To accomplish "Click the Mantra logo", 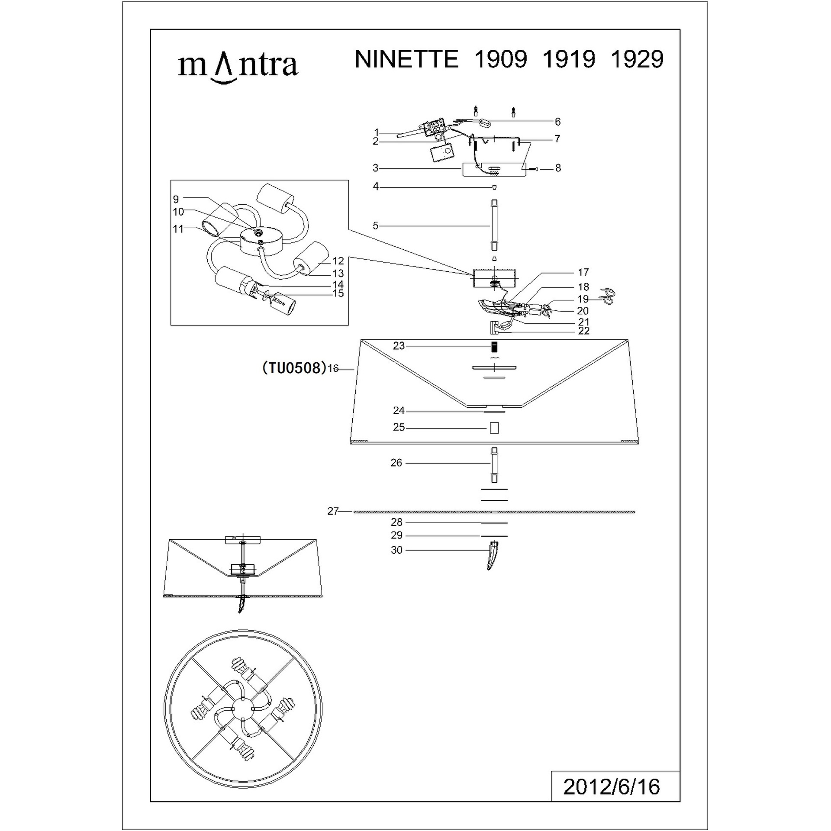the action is coord(238,67).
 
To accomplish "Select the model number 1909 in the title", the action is coord(501,59).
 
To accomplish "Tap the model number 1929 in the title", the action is coord(637,59).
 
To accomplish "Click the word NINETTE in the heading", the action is coord(406,59).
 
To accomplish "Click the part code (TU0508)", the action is coord(294,367).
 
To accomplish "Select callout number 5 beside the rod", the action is coord(376,225).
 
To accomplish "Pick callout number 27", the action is coord(333,512).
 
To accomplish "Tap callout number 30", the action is coord(396,550).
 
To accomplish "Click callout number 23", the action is coord(399,346).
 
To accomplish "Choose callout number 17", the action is coord(583,272).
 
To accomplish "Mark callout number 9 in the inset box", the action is coord(176,199).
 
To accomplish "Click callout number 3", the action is coord(376,167).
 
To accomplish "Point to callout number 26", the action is coord(396,463).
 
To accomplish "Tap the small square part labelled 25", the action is coord(494,428).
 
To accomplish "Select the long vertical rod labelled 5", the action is coord(494,225).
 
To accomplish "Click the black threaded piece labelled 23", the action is coord(494,347).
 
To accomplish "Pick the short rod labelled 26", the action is coord(494,465).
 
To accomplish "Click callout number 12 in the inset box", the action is coord(338,261).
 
